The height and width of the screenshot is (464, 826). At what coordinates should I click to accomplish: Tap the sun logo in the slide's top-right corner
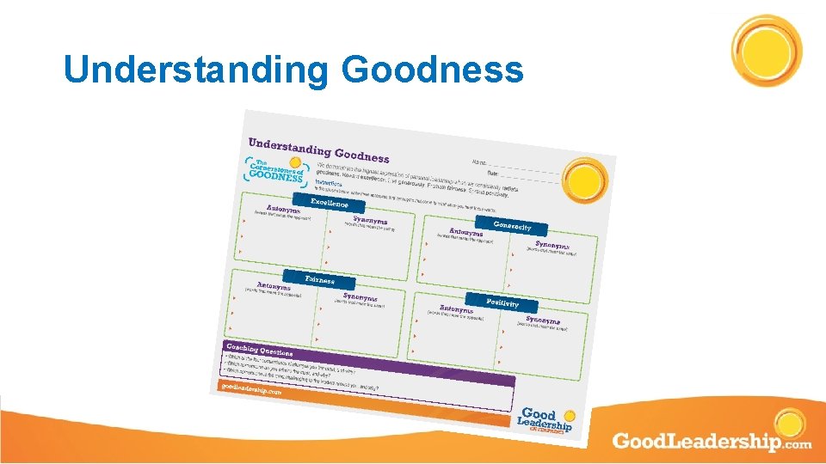pos(766,50)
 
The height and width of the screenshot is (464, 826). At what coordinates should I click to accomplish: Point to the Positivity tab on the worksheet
pos(502,302)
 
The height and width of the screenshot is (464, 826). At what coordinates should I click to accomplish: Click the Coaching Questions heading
pos(259,350)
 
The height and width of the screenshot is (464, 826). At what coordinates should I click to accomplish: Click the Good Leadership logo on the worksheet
pos(545,420)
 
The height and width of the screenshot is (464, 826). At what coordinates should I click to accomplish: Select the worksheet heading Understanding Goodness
pos(318,150)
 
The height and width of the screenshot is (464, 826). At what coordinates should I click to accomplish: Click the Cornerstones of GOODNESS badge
pos(274,170)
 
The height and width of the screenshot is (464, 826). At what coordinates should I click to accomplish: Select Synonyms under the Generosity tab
pos(552,245)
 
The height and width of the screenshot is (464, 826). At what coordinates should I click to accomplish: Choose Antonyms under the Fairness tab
pos(274,285)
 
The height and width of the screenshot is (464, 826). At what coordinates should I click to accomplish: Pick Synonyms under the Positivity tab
pos(542,320)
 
